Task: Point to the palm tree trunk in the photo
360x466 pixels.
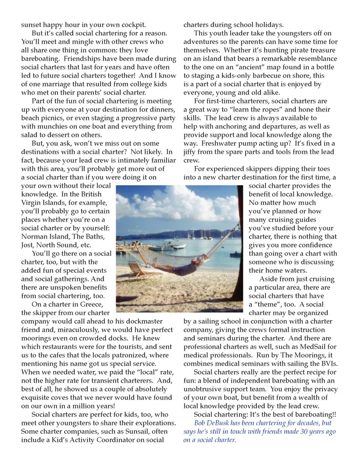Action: point(240,244)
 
